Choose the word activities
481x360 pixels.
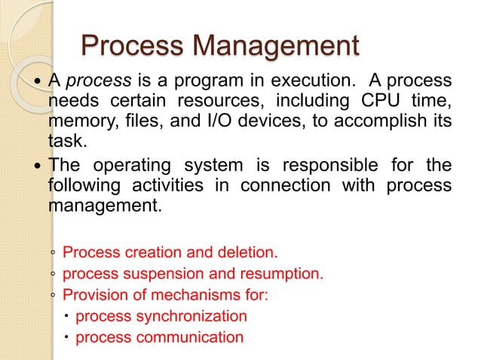(x=159, y=185)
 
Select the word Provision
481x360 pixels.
(x=93, y=294)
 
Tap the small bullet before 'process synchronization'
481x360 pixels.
(x=67, y=316)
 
